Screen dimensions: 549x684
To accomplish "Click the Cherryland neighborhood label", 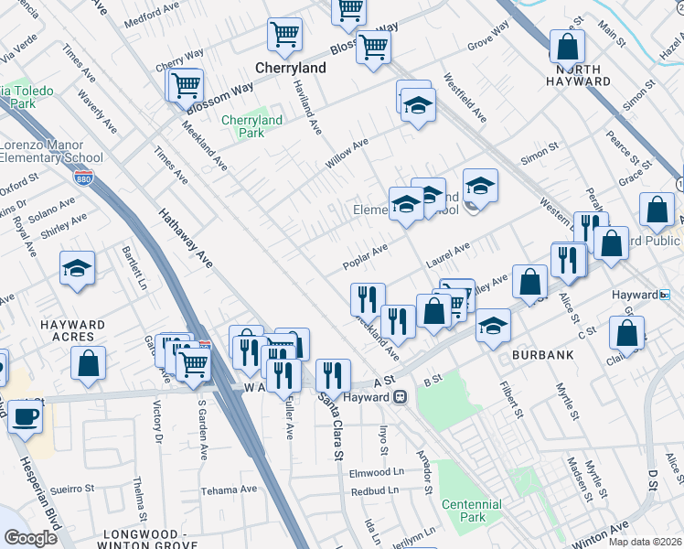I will pyautogui.click(x=291, y=68).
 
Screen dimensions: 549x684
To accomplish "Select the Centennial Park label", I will pyautogui.click(x=471, y=511).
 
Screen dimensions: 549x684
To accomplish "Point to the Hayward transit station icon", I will pyautogui.click(x=401, y=397).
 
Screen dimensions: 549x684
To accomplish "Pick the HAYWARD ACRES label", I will pyautogui.click(x=73, y=330).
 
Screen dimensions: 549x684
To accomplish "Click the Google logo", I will pyautogui.click(x=30, y=538).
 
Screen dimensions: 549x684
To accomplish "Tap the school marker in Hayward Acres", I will pyautogui.click(x=78, y=268).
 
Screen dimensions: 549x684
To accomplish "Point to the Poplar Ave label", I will pyautogui.click(x=365, y=256).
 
